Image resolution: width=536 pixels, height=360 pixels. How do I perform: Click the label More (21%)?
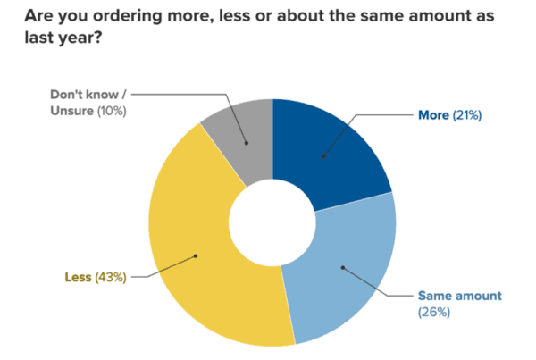coord(450,115)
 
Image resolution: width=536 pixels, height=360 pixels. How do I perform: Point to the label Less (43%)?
coord(96,277)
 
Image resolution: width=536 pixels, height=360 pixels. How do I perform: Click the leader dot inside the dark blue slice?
coord(323,158)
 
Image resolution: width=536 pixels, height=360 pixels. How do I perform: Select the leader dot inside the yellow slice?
coord(195,256)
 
